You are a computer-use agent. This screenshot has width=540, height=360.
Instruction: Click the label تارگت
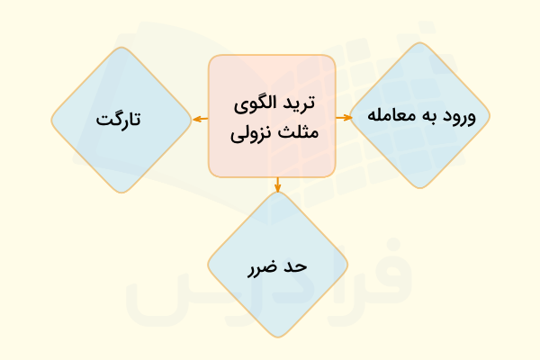tap(121, 119)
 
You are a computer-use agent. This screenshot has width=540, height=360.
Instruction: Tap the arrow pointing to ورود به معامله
tap(344, 118)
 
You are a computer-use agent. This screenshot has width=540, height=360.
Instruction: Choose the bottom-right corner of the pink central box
tap(332, 174)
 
